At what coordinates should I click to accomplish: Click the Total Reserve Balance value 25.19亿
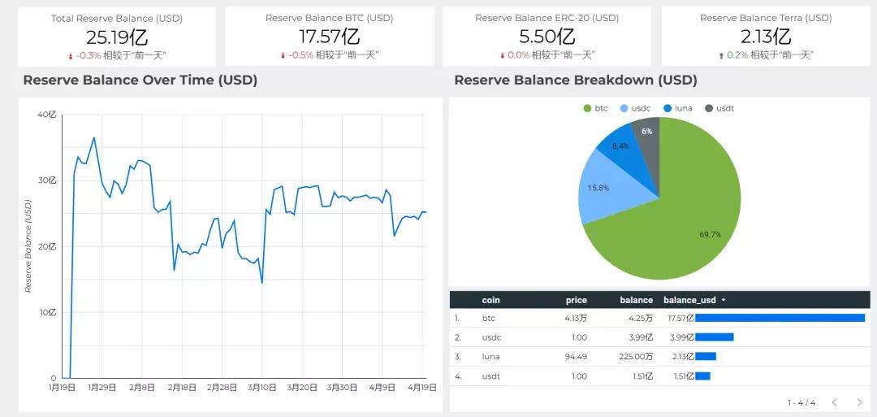[x=117, y=37]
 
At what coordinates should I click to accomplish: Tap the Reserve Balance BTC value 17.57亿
[x=329, y=37]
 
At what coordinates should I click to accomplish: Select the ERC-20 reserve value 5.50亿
[x=547, y=37]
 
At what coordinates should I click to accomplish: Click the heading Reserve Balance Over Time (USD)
[x=140, y=80]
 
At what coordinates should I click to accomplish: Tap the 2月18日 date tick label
[x=183, y=388]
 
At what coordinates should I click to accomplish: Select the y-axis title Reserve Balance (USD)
[x=28, y=246]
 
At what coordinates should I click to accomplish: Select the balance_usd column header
[x=690, y=300]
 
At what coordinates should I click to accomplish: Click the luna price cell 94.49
[x=576, y=356]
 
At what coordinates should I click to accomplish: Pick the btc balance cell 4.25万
[x=637, y=318]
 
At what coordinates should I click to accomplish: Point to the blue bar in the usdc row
[x=715, y=337]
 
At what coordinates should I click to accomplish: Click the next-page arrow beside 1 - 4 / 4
[x=859, y=402]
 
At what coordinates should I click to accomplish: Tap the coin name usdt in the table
[x=490, y=376]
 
